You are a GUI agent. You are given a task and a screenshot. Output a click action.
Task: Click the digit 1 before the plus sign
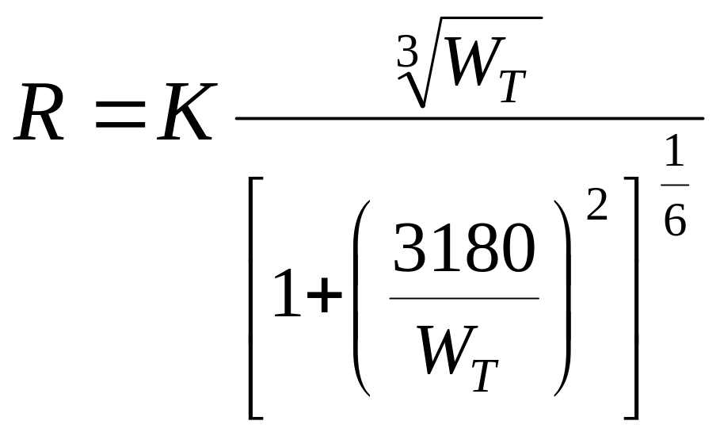tap(286, 294)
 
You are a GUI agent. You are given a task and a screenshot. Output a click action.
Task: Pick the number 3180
tap(464, 251)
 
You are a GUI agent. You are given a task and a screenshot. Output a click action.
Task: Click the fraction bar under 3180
tap(464, 298)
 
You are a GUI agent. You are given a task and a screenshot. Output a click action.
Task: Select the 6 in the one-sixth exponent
tap(675, 221)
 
